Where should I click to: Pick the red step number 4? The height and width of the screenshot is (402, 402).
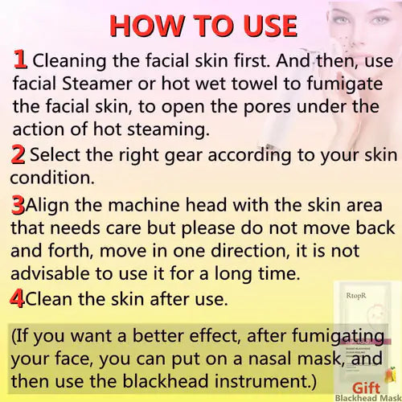coord(18,299)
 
